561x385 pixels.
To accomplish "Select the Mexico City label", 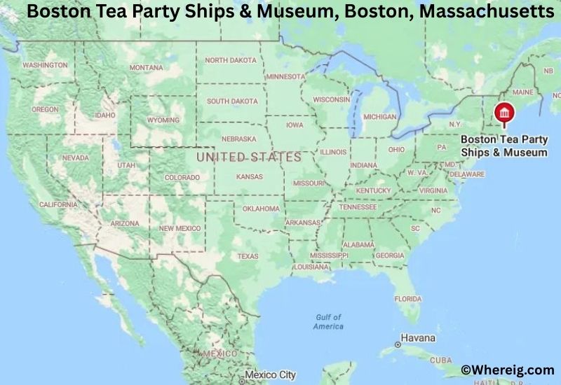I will point(276,374).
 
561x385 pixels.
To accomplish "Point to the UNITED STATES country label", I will point(248,157).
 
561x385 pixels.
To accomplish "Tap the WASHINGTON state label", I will point(45,65).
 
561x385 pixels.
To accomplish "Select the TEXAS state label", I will point(248,256).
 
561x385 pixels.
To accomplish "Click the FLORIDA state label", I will point(407,298).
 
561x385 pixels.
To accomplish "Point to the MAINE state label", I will point(523,92).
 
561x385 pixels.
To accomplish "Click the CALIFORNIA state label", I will point(58,204).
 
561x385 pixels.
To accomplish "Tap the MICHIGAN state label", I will point(381,116).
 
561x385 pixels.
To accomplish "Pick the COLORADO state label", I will point(182,178).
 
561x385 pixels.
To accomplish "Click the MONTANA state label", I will point(146,67).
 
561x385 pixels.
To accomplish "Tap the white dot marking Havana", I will point(398,344).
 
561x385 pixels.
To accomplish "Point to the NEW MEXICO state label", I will point(180,228).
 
